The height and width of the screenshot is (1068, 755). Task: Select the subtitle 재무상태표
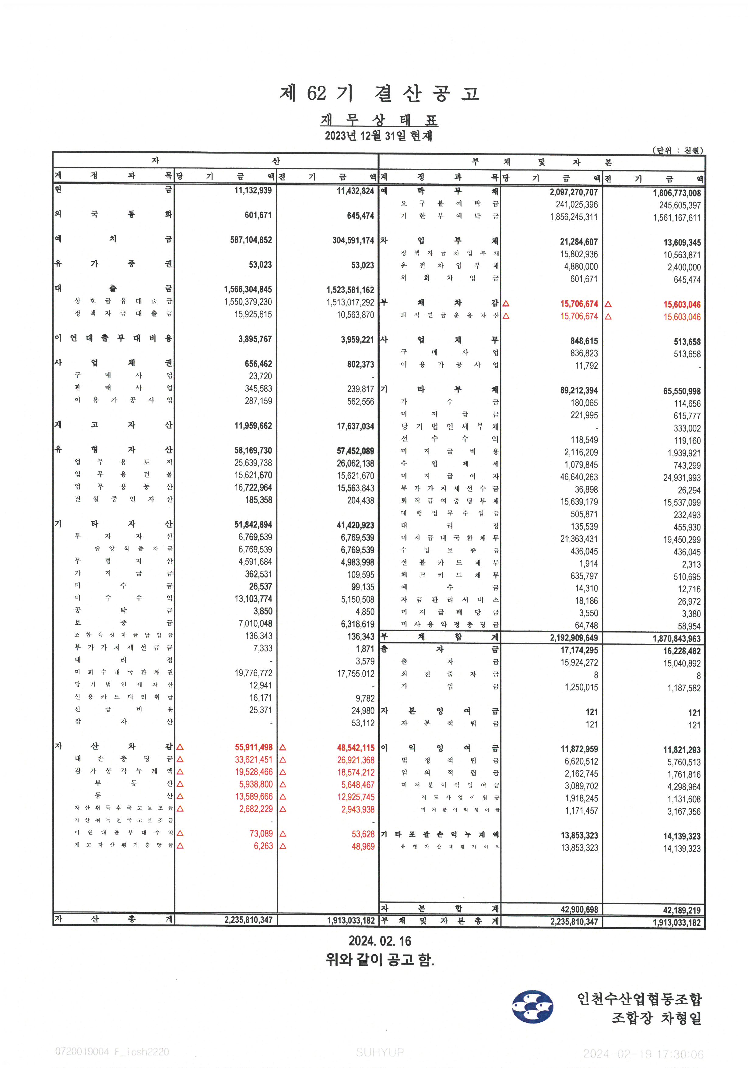coord(379,120)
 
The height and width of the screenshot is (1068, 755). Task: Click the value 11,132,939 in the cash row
coord(253,190)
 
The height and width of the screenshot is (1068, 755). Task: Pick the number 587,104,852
coord(251,240)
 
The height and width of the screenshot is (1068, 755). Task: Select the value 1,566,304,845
coord(248,289)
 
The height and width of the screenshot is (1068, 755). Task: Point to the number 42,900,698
coord(579,909)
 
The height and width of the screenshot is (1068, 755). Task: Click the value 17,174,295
coord(579,650)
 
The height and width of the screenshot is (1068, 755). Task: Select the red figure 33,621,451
coord(254,760)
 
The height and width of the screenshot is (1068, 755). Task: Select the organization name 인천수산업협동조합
coord(639,999)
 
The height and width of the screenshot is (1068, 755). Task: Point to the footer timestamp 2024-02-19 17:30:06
coord(643,1054)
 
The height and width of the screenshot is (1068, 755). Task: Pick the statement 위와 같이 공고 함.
coord(380,959)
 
